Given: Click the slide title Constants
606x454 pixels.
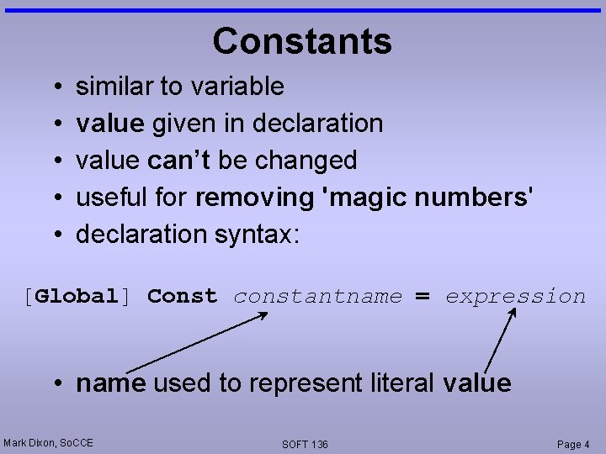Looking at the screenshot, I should pyautogui.click(x=302, y=41).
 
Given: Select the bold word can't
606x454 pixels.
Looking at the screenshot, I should pyautogui.click(x=179, y=160).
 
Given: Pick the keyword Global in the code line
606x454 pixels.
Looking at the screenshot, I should pyautogui.click(x=77, y=296).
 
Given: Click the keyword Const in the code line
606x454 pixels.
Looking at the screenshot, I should pyautogui.click(x=182, y=296).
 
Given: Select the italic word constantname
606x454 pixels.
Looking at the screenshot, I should pyautogui.click(x=317, y=296).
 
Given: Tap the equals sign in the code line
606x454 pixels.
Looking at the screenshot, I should pyautogui.click(x=423, y=297).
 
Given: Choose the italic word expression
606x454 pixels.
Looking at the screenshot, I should pyautogui.click(x=515, y=296).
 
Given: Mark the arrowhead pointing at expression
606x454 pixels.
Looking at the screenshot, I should pyautogui.click(x=513, y=313).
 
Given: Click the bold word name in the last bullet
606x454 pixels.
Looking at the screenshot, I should pyautogui.click(x=110, y=383).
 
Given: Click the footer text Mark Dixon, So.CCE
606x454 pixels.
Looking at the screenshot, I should pyautogui.click(x=48, y=442).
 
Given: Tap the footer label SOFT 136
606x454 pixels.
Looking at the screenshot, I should pyautogui.click(x=305, y=444).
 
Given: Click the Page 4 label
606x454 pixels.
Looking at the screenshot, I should pyautogui.click(x=573, y=444).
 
